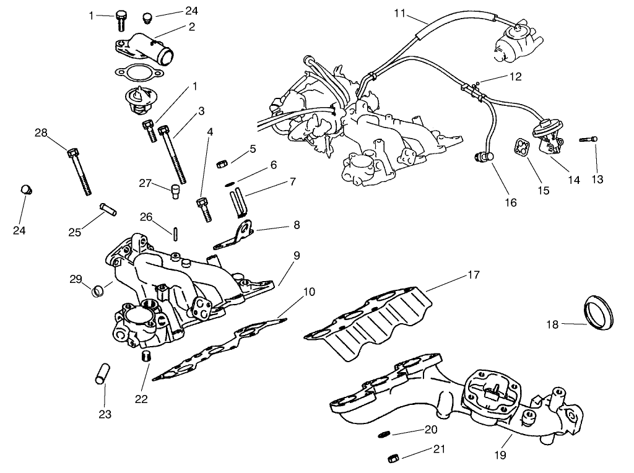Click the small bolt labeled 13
pos(589,140)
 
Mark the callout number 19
pos(500,455)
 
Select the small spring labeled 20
pos(384,435)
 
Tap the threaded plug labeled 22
pos(147,356)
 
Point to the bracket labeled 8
pos(238,234)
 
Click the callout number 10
pos(308,292)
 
